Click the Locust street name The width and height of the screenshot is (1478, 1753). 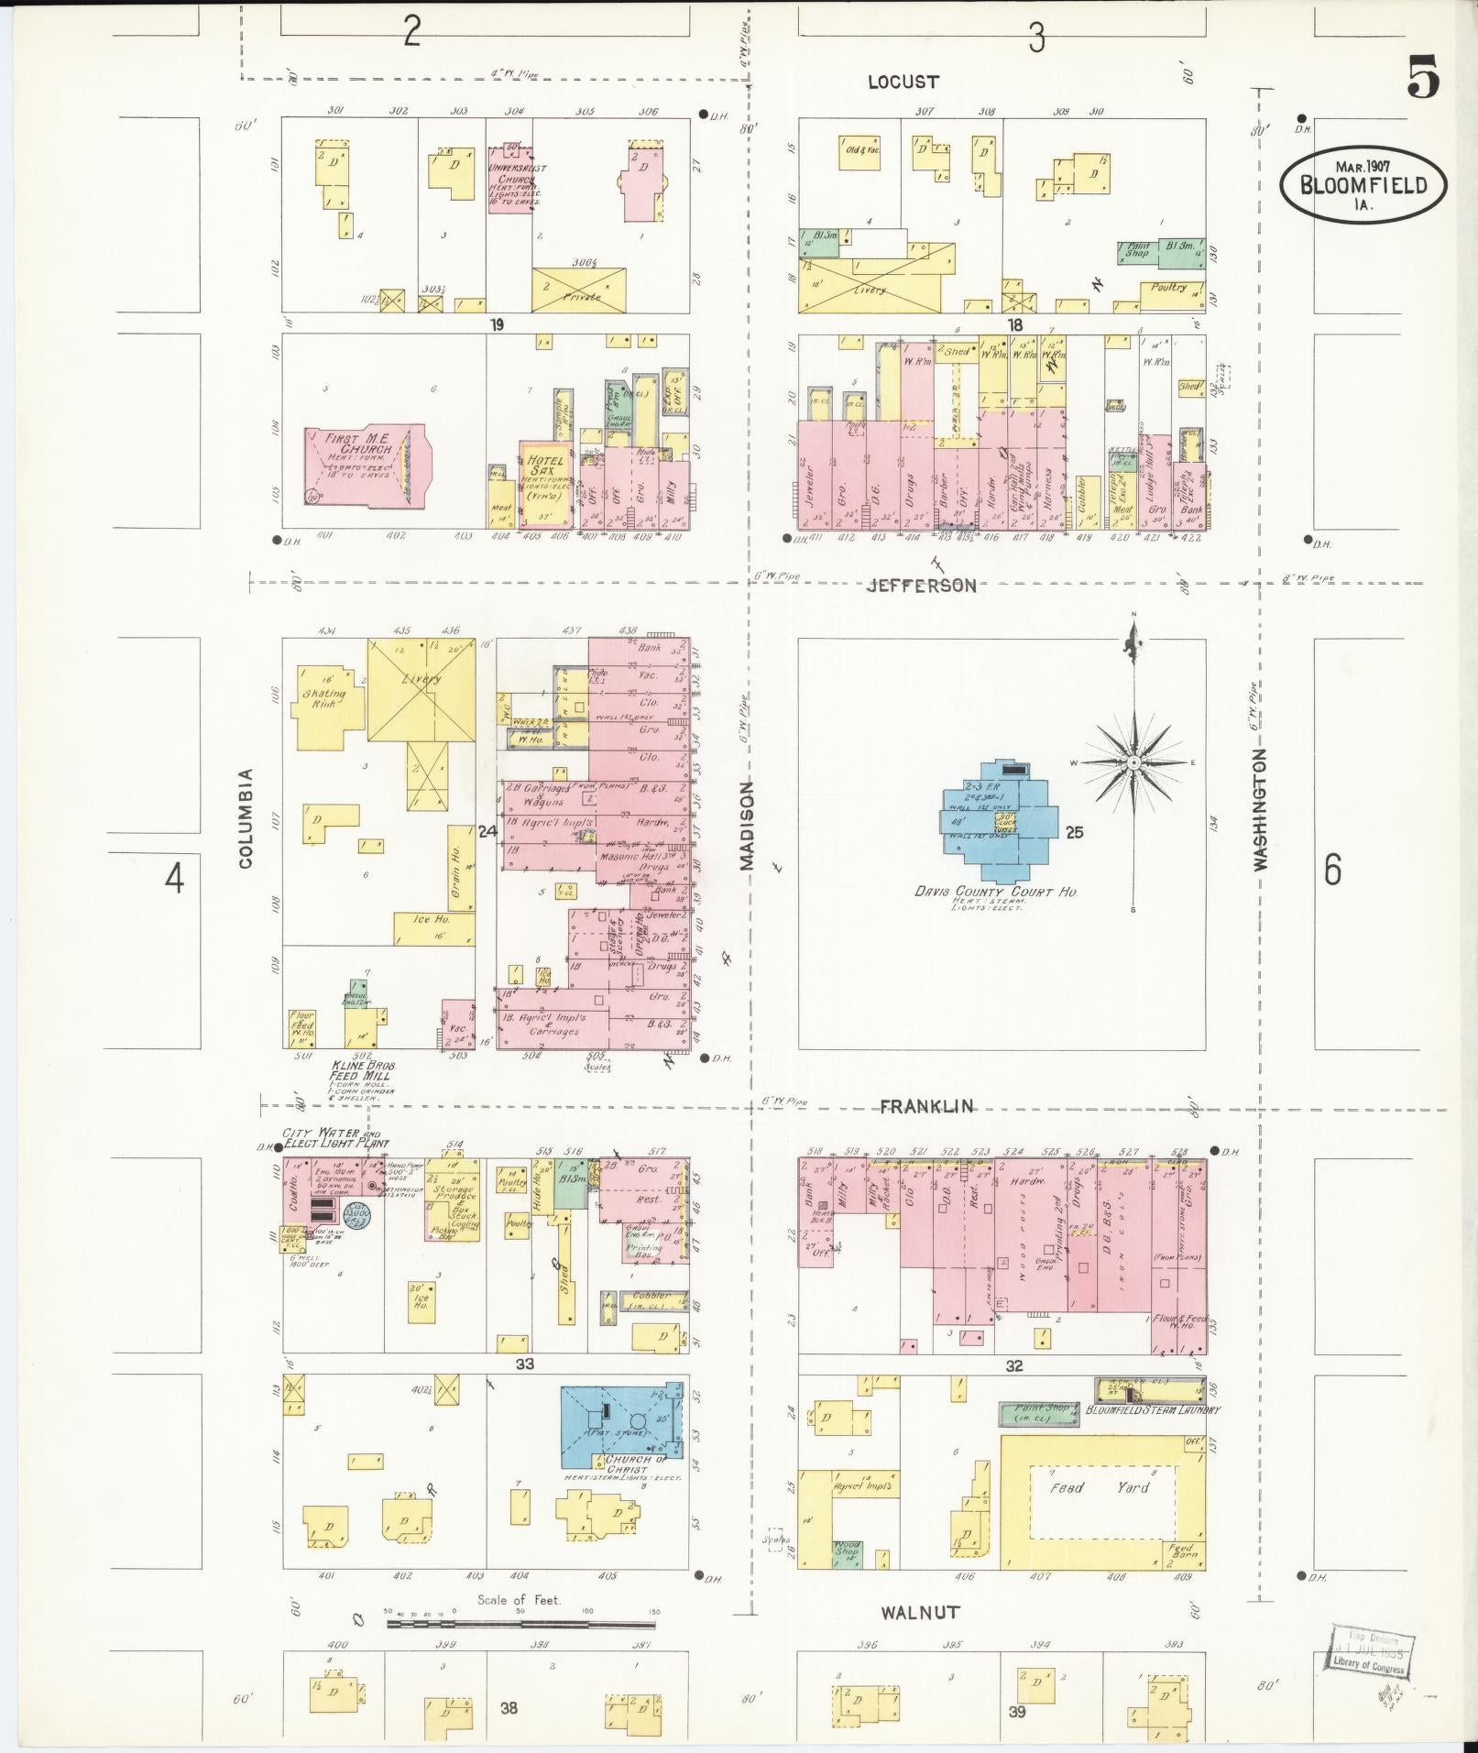[x=903, y=82]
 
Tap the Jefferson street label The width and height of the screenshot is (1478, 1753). [x=922, y=585]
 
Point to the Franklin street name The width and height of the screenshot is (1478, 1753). [x=926, y=1106]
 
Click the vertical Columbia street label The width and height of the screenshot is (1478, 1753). [x=246, y=818]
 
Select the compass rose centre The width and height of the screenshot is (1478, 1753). [x=1134, y=762]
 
